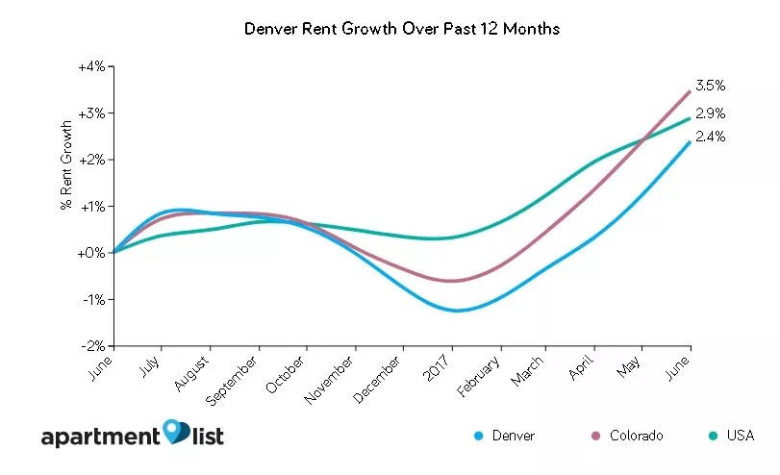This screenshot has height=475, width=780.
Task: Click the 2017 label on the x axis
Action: (442, 366)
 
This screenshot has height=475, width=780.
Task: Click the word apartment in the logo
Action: (99, 437)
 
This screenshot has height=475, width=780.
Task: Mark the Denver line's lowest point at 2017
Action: (455, 311)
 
